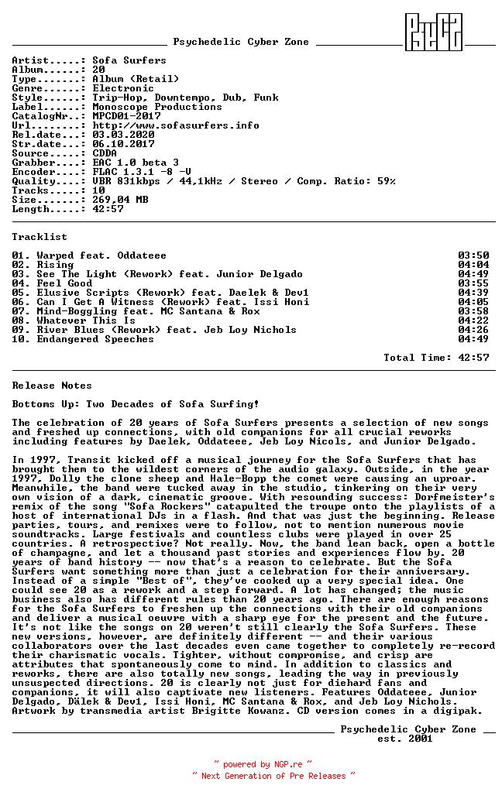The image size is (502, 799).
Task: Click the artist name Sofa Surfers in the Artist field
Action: click(129, 60)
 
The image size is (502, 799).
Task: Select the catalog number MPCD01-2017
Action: click(126, 116)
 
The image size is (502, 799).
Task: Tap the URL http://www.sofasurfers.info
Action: click(175, 125)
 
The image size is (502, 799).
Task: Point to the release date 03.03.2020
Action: click(122, 135)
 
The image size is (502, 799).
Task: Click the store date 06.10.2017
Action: click(122, 144)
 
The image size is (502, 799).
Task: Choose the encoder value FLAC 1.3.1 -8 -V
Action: click(141, 172)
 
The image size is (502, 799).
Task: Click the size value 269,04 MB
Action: click(119, 200)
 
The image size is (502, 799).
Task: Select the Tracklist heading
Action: click(40, 237)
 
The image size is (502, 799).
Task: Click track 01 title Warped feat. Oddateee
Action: click(101, 255)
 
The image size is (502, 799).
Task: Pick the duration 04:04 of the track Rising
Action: click(473, 265)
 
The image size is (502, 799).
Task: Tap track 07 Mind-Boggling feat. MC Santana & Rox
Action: click(148, 311)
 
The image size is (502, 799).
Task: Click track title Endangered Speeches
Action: click(95, 339)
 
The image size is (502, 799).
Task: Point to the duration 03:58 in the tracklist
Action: click(473, 311)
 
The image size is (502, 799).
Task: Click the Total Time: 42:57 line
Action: click(436, 358)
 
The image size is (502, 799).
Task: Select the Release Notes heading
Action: click(52, 386)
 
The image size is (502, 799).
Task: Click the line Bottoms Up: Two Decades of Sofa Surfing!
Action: click(136, 404)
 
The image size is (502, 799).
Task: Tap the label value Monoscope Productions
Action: click(156, 107)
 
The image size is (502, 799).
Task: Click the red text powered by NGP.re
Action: click(263, 764)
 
